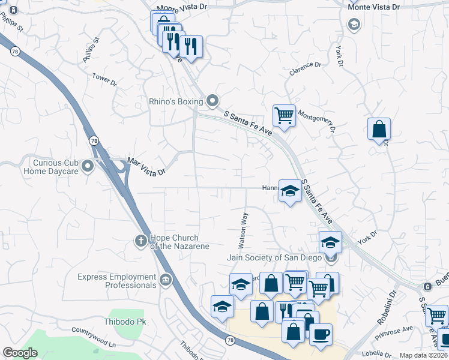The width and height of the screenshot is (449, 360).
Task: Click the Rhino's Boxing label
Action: point(176,101)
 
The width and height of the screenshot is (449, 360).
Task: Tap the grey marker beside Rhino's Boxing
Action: point(211,101)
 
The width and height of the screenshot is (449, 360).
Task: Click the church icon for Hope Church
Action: point(140,241)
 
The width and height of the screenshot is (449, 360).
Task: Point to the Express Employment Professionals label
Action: point(116,281)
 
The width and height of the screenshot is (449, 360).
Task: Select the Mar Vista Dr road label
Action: point(146,167)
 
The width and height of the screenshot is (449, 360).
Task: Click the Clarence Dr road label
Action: point(306,68)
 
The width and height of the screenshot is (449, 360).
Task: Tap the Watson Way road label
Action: point(244,230)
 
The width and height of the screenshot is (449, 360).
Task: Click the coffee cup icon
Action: point(321,333)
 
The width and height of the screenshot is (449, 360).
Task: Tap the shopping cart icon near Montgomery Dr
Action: point(283,114)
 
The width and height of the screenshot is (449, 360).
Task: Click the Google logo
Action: point(20,353)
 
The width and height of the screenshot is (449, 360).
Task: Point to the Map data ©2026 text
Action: point(423,355)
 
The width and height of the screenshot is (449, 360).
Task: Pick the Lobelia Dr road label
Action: point(376,352)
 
